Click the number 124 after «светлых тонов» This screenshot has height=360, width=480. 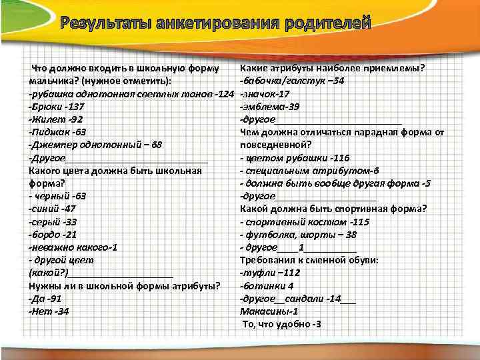(227, 94)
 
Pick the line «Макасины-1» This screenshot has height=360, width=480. (269, 311)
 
